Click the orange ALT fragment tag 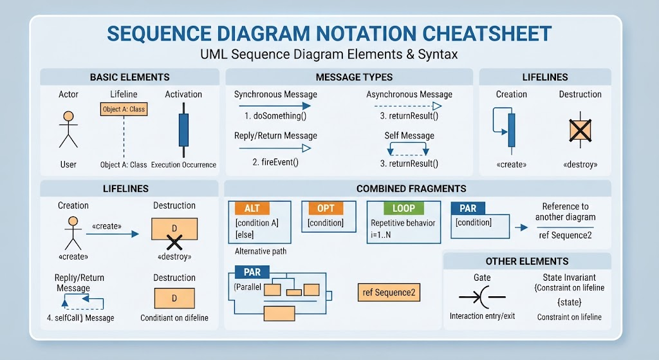[x=252, y=208]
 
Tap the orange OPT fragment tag [x=326, y=208]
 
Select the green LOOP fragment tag [x=404, y=208]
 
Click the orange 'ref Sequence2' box [x=389, y=292]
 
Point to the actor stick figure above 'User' [x=68, y=129]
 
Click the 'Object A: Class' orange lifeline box [x=124, y=109]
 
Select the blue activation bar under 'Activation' [x=183, y=130]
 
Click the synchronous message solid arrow [x=275, y=106]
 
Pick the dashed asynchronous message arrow [x=408, y=106]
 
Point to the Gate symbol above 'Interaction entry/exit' [x=482, y=297]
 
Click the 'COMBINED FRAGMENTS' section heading [x=411, y=189]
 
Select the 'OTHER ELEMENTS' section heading [x=527, y=261]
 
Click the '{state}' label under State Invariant [x=570, y=302]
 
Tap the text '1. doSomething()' [x=275, y=116]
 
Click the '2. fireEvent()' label [x=275, y=162]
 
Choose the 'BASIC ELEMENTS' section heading [x=129, y=77]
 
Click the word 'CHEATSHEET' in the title [x=487, y=33]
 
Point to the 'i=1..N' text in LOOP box [x=381, y=234]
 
